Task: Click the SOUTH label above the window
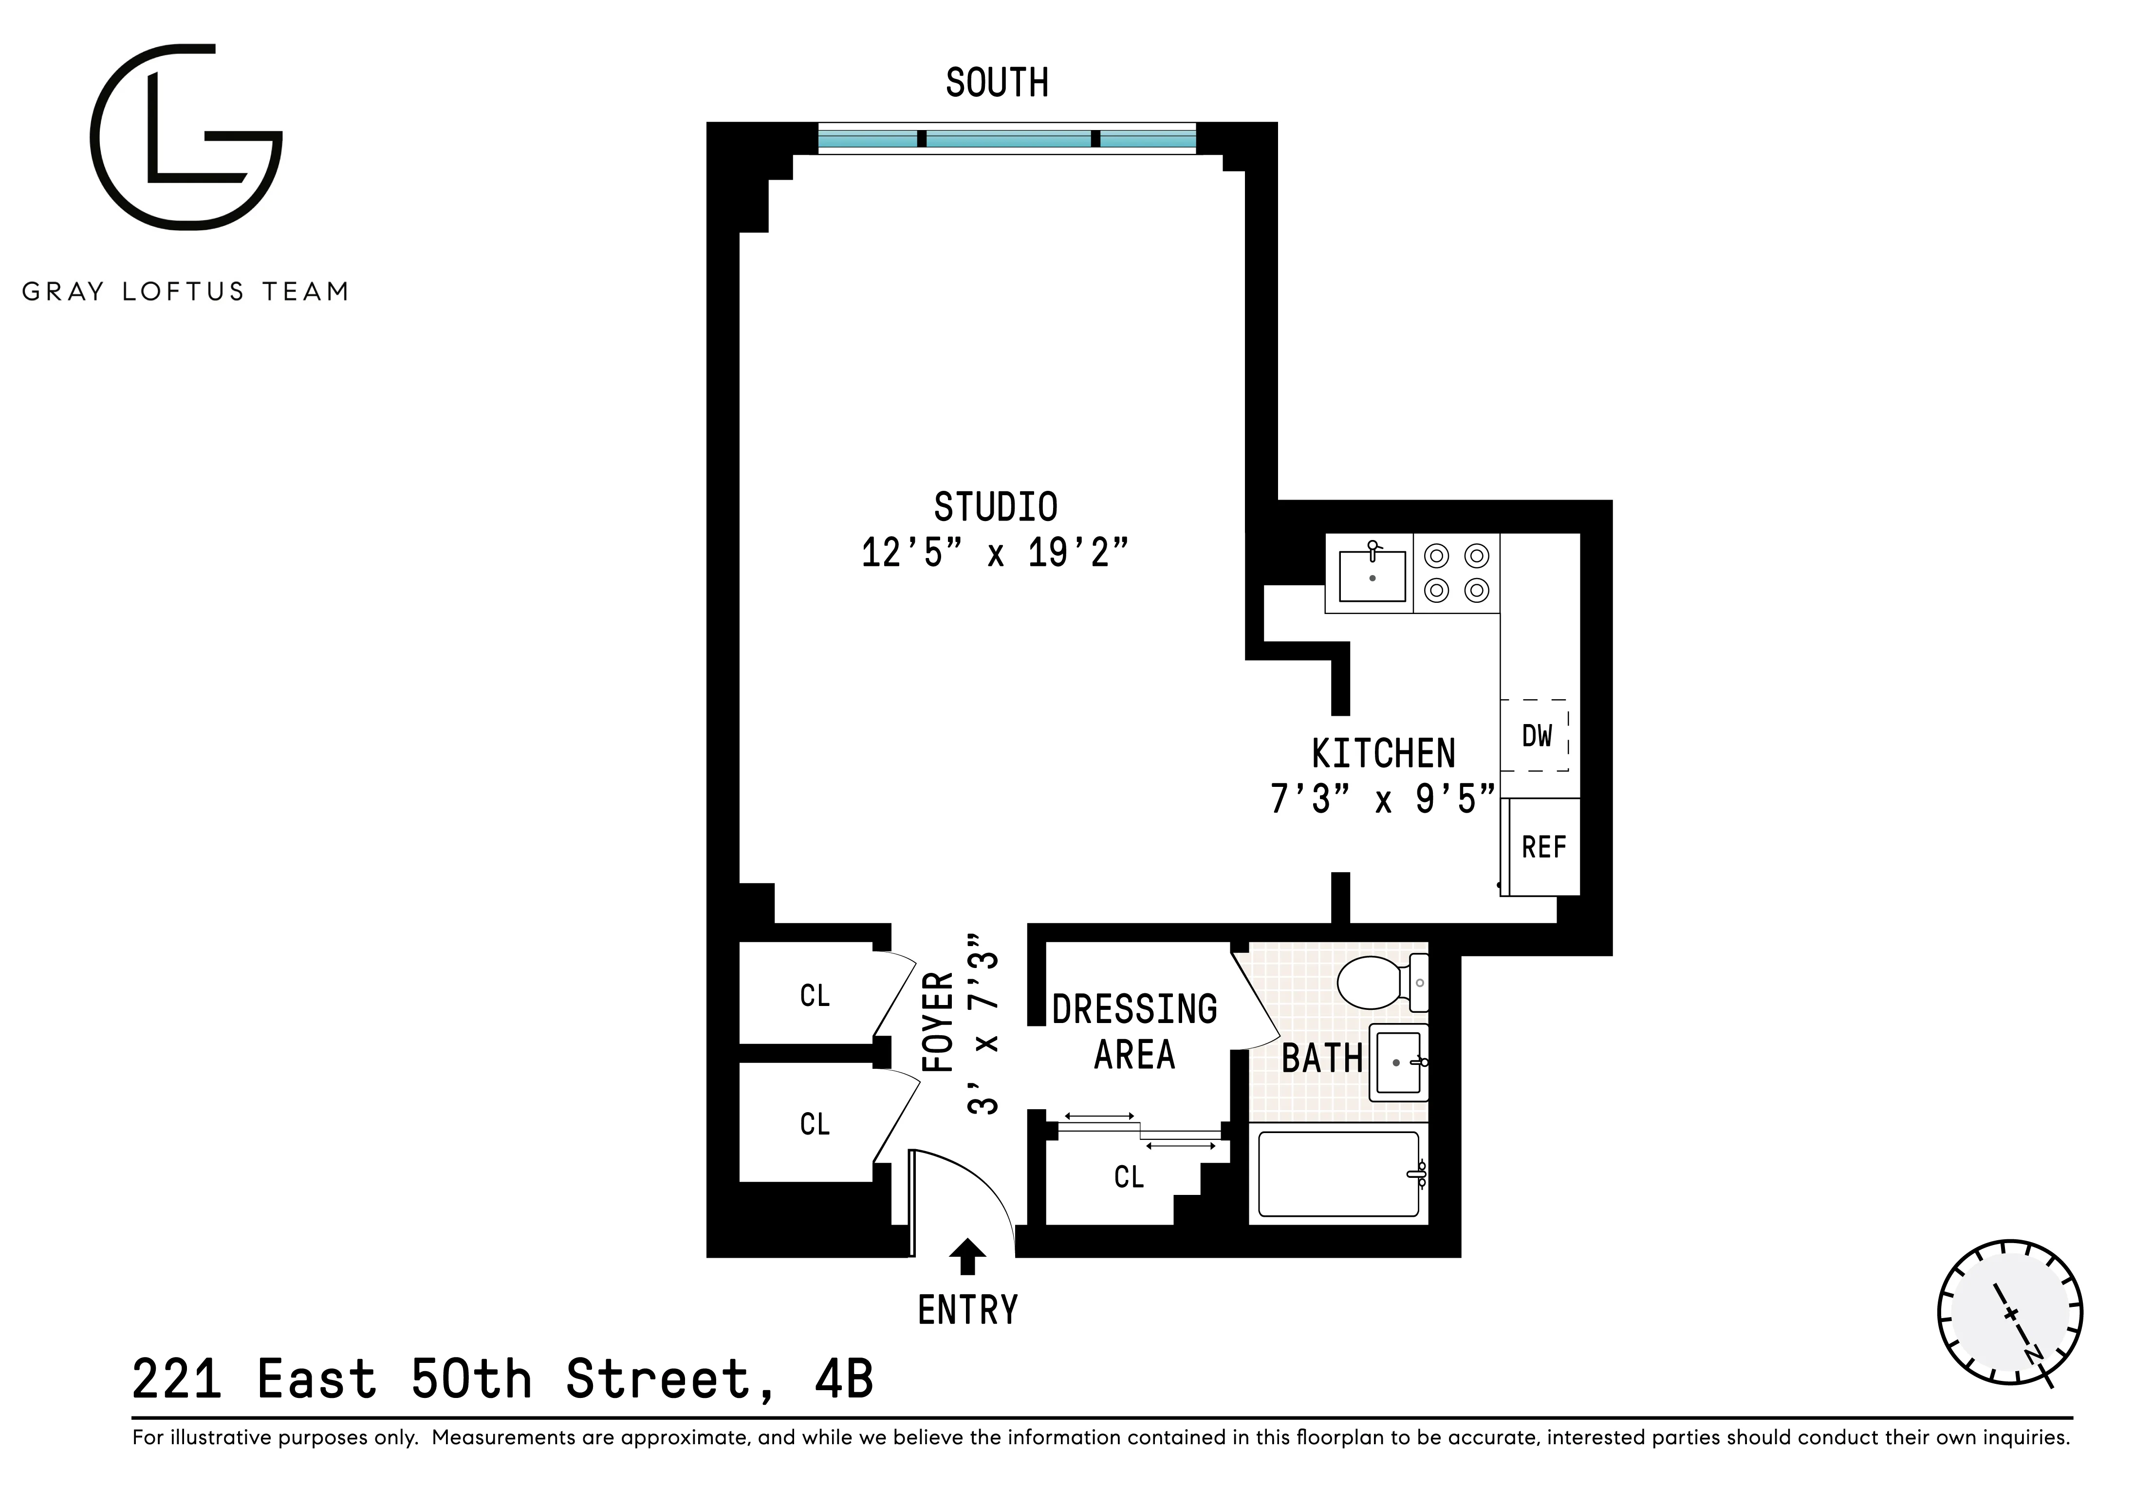997,84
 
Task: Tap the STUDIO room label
995,507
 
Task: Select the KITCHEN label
1382,754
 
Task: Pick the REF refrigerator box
1543,846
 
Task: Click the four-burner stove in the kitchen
1456,572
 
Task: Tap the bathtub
1338,1173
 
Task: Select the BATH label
1321,1058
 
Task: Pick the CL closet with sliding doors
1129,1177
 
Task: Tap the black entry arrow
967,1256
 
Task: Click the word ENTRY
967,1310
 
